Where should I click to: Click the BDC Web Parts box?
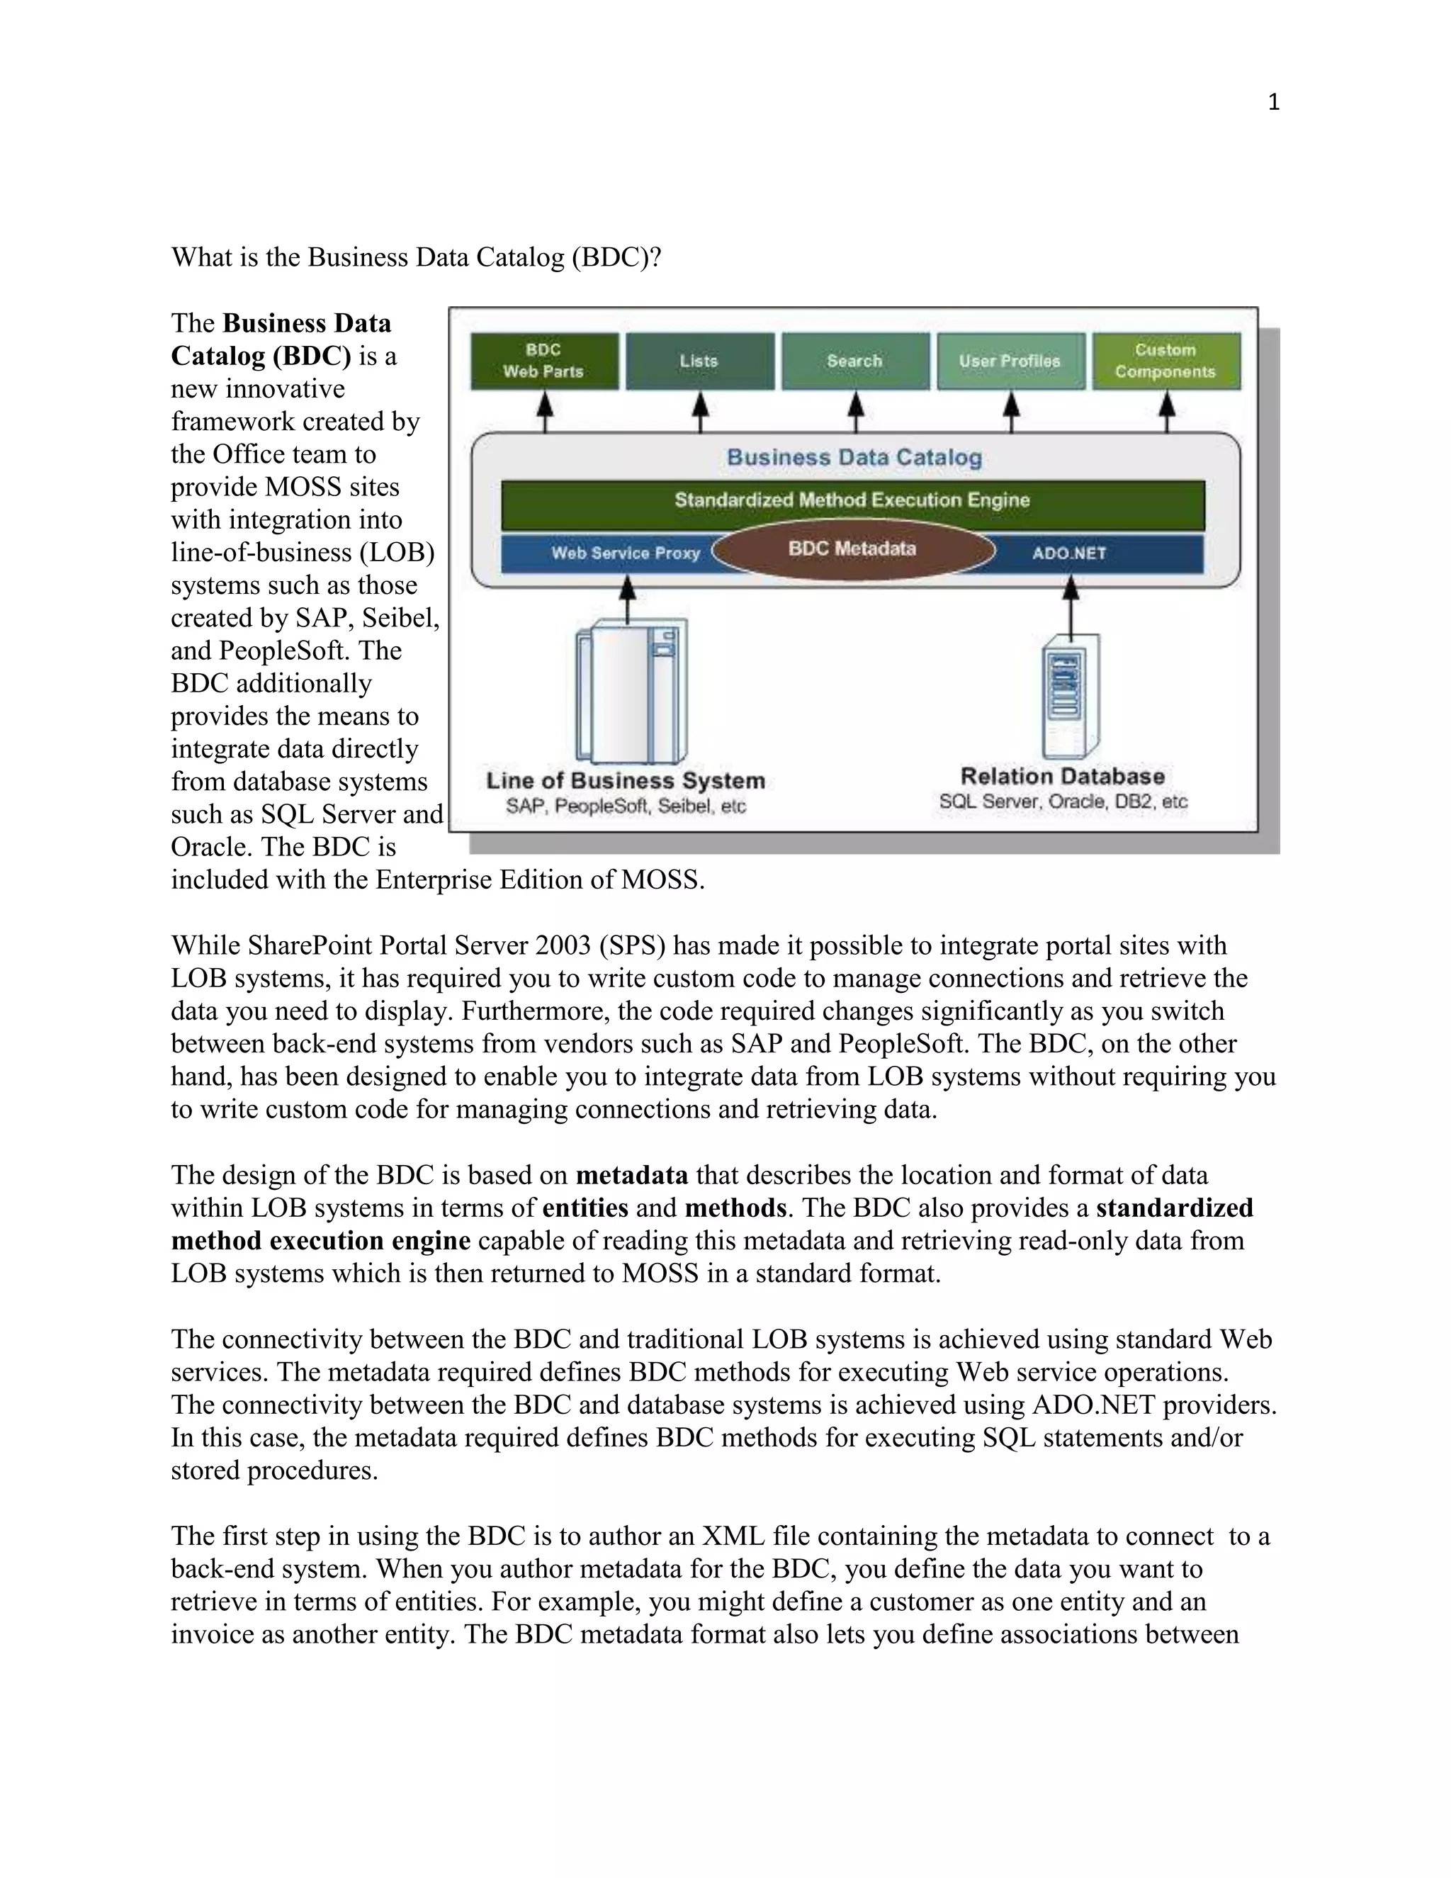coord(543,361)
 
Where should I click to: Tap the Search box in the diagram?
coord(854,361)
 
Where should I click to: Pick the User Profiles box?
coord(1010,361)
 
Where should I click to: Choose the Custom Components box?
coord(1165,361)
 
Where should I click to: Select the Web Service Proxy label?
coord(626,553)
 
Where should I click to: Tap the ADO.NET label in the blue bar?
coord(1069,553)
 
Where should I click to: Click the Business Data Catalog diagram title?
coord(854,458)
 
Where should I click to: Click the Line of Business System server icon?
coord(632,693)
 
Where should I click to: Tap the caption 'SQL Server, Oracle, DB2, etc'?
coord(1063,802)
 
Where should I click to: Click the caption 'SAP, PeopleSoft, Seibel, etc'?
coord(626,806)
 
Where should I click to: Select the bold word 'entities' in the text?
coord(585,1208)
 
